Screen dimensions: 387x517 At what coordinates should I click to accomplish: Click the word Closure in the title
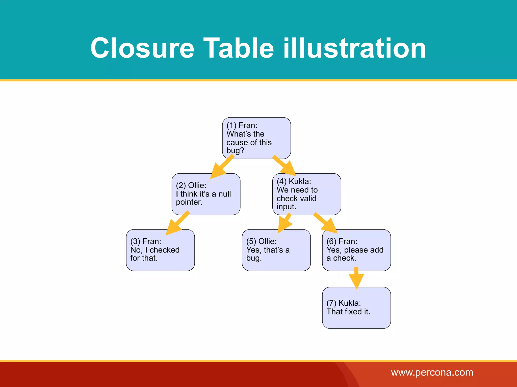(142, 48)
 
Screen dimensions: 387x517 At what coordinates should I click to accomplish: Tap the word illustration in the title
(354, 48)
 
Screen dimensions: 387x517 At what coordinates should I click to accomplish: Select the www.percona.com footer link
(432, 372)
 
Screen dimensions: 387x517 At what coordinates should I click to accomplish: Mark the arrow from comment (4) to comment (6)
(326, 223)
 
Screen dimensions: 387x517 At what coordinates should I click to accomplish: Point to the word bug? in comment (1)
(235, 151)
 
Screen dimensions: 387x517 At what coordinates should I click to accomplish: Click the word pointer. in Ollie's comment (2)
(189, 202)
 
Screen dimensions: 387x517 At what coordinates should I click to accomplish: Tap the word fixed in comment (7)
(354, 312)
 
